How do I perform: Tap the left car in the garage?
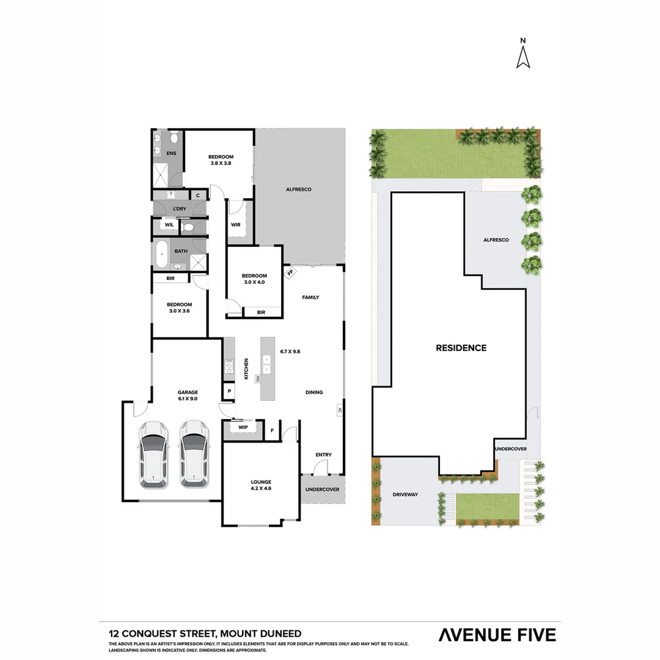[x=153, y=453]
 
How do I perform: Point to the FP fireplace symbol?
[x=290, y=273]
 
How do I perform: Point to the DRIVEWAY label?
[x=405, y=494]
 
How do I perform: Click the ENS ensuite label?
[x=171, y=153]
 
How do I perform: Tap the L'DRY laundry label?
[x=179, y=209]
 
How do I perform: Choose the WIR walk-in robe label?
[x=236, y=224]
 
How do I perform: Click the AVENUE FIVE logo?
[x=497, y=635]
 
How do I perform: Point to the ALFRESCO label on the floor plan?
[x=299, y=189]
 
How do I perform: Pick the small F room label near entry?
[x=272, y=430]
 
